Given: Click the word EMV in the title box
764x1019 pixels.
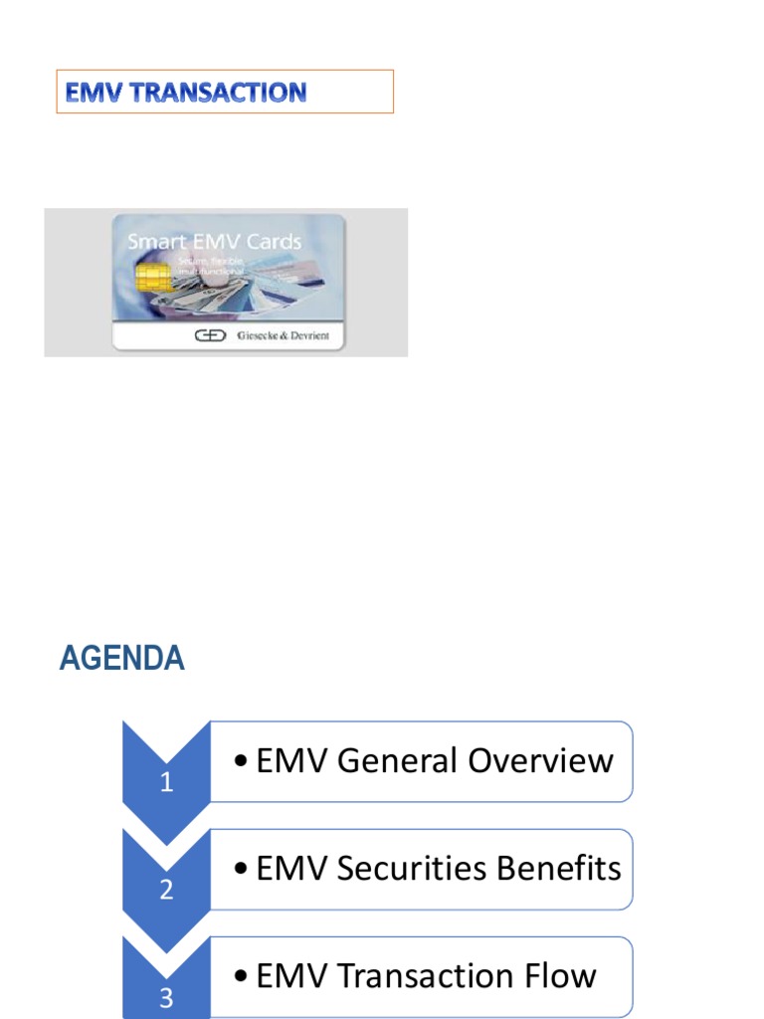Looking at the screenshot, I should point(89,93).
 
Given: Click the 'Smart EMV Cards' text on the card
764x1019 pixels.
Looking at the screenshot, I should point(214,242).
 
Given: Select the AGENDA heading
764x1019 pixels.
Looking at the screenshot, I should point(121,659).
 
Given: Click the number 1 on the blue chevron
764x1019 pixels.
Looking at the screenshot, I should point(166,783).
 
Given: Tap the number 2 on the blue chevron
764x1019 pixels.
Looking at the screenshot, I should point(166,891).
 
